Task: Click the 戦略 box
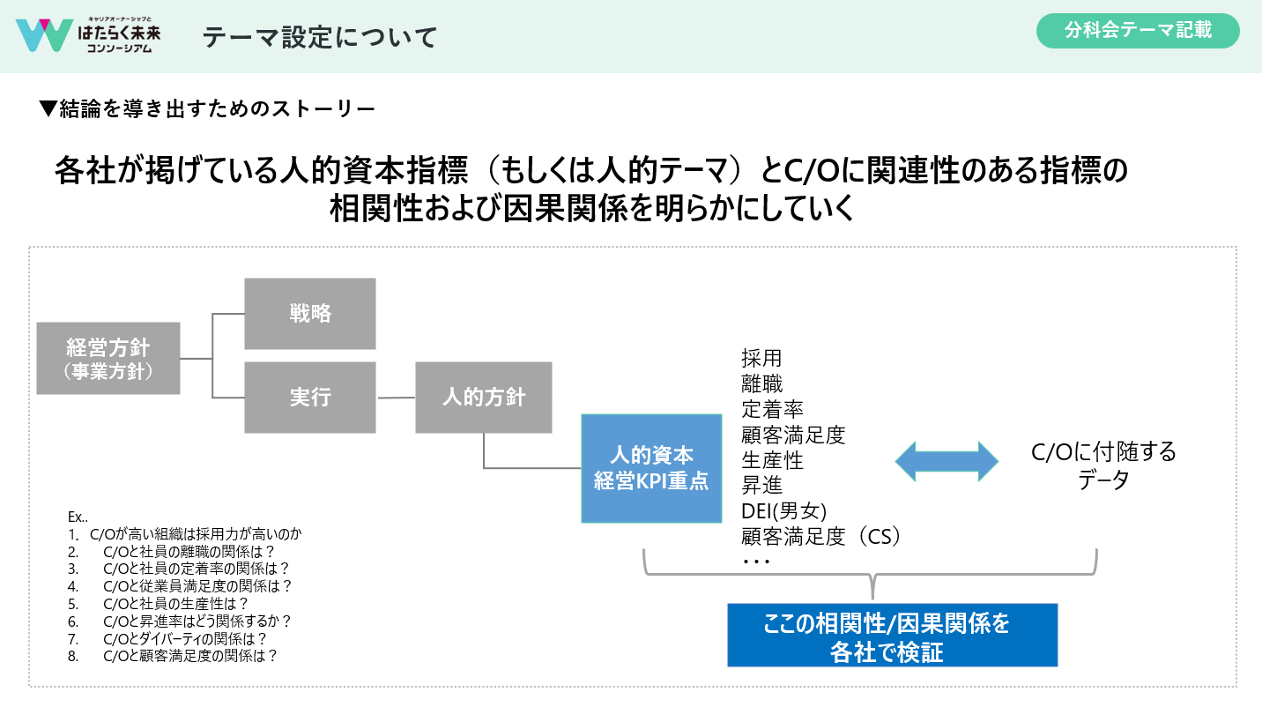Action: [310, 314]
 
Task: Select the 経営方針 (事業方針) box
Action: [108, 357]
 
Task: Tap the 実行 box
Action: [310, 398]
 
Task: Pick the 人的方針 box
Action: [484, 397]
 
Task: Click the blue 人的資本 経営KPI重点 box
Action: [650, 468]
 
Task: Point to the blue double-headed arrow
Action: [946, 462]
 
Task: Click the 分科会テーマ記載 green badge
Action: [1138, 31]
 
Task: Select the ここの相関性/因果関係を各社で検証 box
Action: [892, 636]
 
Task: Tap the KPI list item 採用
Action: [761, 359]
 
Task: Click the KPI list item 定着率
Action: [772, 409]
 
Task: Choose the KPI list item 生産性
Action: [772, 459]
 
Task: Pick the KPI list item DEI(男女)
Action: [783, 510]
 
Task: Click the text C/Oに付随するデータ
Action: [1103, 466]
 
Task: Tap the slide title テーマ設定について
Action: [320, 37]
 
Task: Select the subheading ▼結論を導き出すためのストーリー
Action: [208, 109]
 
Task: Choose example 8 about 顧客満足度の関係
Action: [190, 656]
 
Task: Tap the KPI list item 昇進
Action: [761, 485]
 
